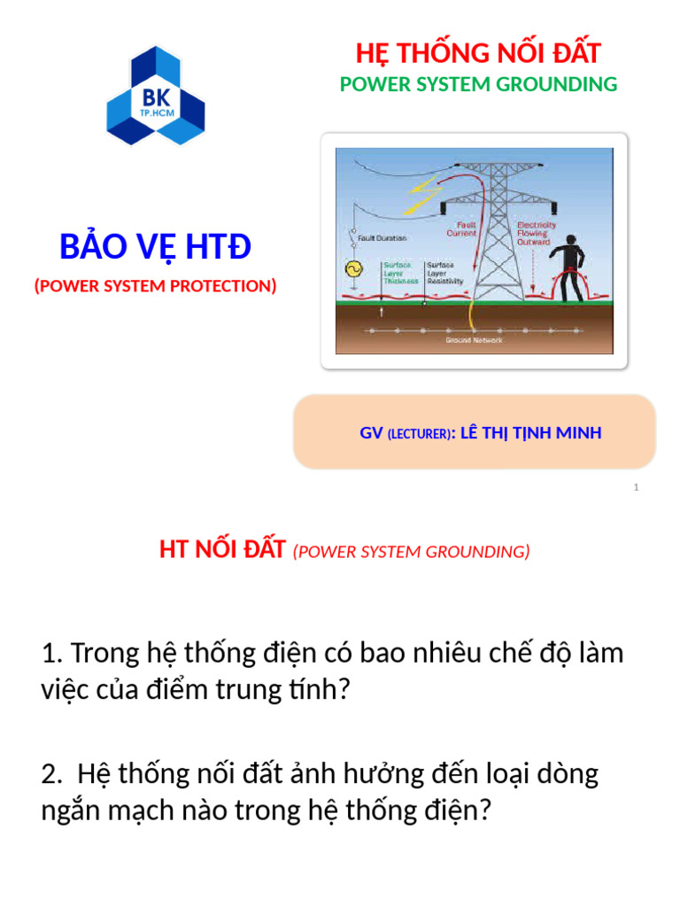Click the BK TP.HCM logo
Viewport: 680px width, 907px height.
point(156,97)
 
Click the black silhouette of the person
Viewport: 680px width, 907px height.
point(568,262)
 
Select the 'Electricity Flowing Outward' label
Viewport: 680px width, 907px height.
point(537,234)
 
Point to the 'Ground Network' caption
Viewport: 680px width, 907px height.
point(474,340)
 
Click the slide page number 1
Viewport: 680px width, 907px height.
point(637,488)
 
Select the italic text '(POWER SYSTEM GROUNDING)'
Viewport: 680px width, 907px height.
point(411,552)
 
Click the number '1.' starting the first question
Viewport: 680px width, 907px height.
point(51,654)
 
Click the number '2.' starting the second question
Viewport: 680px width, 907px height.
point(51,774)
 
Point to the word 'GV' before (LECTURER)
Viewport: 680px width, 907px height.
point(370,432)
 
